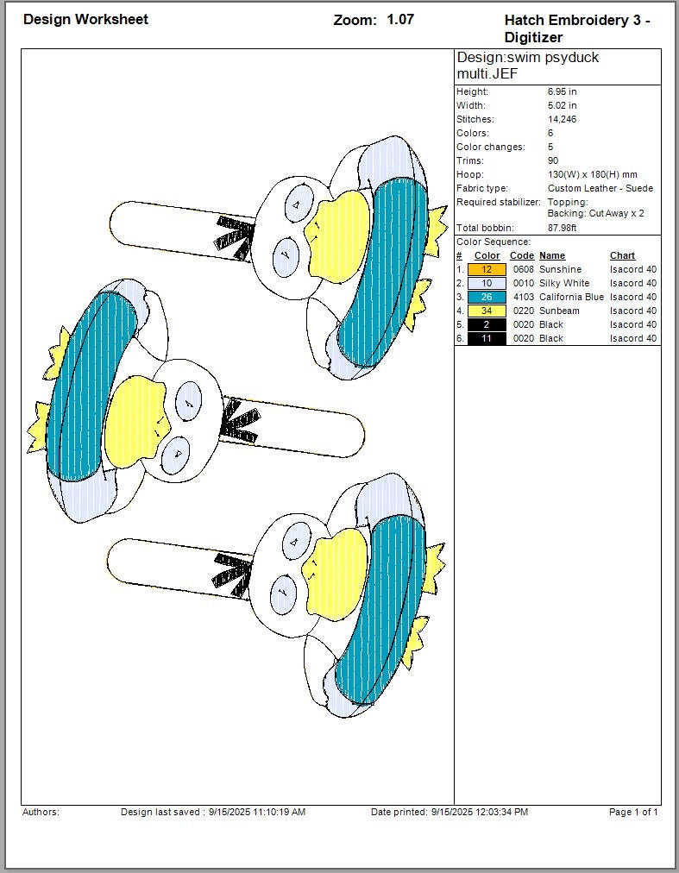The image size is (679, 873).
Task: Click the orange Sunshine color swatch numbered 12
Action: (487, 269)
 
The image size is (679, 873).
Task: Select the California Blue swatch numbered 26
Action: (487, 298)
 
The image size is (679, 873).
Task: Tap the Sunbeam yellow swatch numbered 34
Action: (487, 311)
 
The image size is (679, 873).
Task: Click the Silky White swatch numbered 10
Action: (487, 284)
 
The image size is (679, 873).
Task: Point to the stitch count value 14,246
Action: (562, 119)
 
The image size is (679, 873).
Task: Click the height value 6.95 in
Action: (562, 91)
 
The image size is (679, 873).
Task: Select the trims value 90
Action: (553, 161)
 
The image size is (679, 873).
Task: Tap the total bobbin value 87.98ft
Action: (562, 228)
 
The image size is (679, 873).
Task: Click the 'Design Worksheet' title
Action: (85, 20)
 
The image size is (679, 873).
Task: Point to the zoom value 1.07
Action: (400, 20)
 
